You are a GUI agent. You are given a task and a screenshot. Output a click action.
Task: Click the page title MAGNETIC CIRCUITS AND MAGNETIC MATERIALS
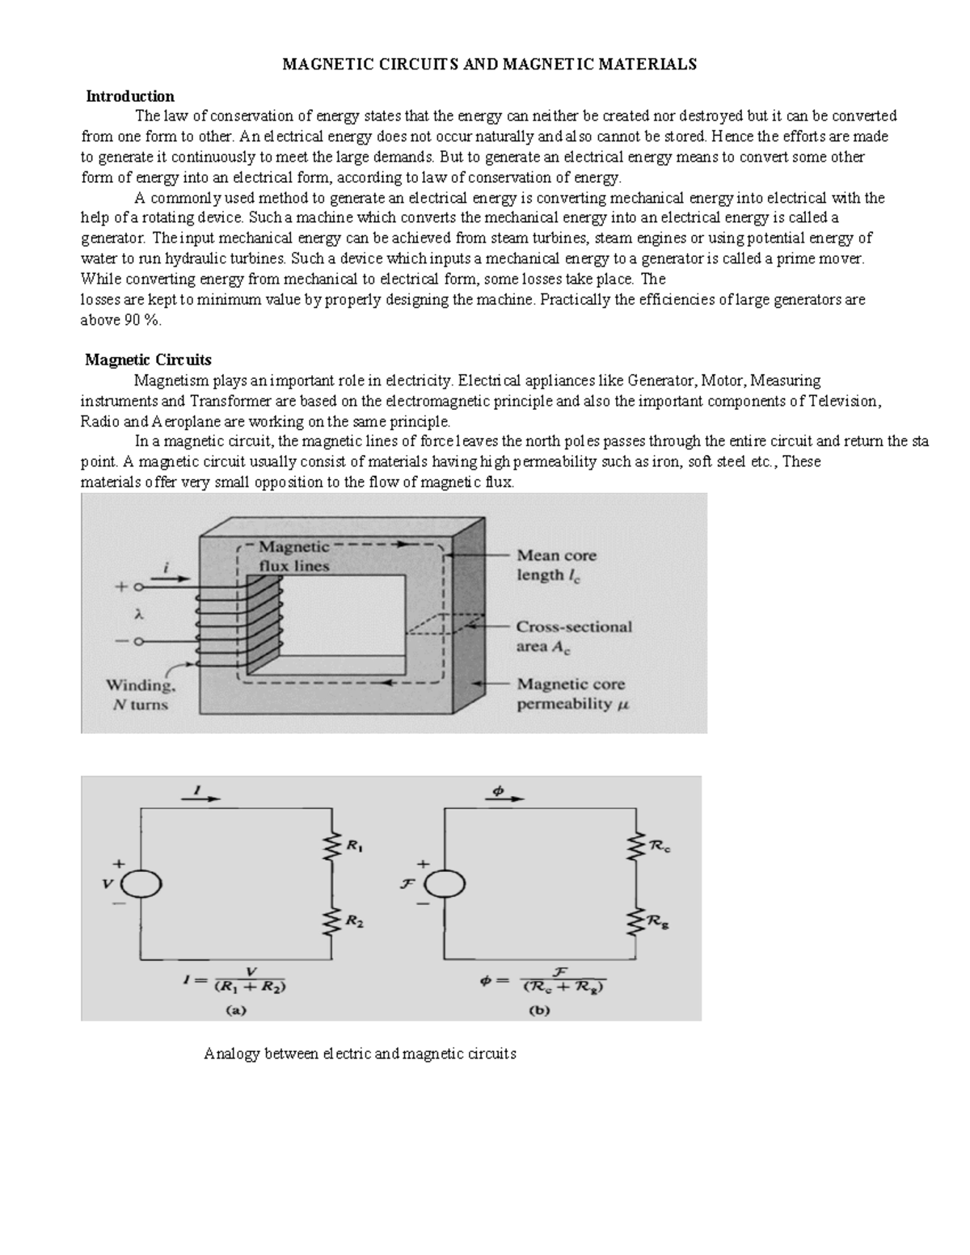click(489, 65)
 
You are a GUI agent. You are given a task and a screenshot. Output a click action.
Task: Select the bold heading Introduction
click(130, 96)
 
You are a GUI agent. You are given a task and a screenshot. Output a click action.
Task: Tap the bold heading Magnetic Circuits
click(149, 360)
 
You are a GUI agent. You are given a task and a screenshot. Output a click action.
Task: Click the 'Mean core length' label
click(556, 565)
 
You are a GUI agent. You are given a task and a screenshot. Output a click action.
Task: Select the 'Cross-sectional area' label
click(573, 636)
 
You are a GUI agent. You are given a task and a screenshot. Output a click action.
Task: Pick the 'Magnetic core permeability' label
click(571, 693)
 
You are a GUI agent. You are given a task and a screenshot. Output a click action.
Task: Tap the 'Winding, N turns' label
click(139, 694)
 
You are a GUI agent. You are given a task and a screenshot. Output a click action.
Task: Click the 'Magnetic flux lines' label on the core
click(293, 556)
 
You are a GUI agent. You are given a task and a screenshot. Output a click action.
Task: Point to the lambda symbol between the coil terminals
click(138, 614)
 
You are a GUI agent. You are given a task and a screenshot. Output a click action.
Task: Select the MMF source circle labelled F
click(445, 884)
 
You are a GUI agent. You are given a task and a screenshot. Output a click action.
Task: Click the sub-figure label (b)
click(539, 1009)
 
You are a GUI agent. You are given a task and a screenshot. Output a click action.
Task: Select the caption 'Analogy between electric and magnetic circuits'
click(360, 1054)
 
